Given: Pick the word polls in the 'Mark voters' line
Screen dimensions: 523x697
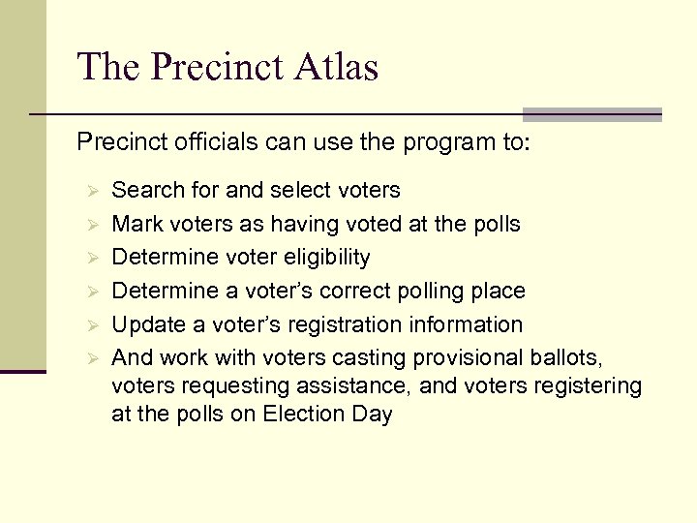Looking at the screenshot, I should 495,225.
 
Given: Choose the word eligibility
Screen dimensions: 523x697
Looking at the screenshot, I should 323,258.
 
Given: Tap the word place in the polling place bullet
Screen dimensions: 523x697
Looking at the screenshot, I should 498,291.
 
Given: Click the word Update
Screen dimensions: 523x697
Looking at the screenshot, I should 145,324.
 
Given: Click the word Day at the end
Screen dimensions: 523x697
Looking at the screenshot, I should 374,415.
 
